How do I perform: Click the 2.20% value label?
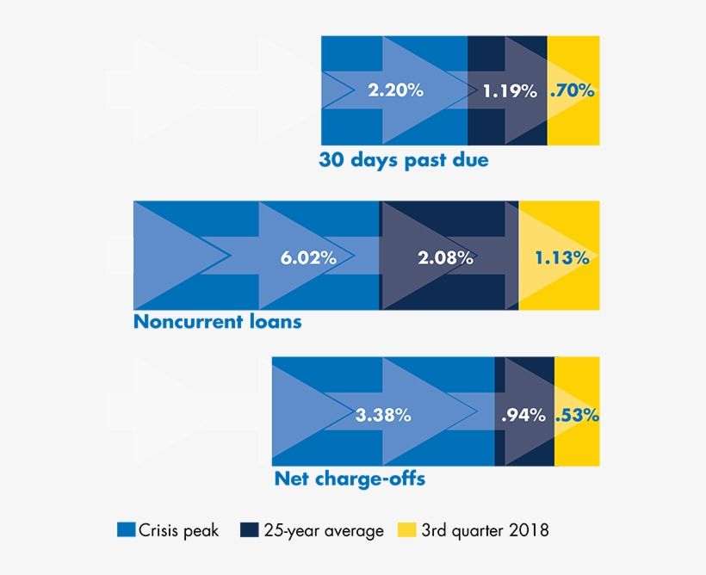click(x=395, y=90)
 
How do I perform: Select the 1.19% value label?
click(x=510, y=90)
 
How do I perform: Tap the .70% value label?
click(x=573, y=90)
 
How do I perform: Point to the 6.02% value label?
click(x=308, y=257)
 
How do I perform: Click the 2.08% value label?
click(x=445, y=257)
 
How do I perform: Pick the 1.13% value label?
click(x=561, y=257)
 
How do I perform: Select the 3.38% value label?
click(x=383, y=415)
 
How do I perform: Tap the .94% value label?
click(x=523, y=415)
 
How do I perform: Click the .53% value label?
click(x=577, y=415)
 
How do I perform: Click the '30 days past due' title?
click(x=403, y=160)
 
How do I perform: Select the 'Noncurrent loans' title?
click(x=218, y=322)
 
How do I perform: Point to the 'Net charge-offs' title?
click(x=350, y=479)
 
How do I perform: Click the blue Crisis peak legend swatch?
click(x=126, y=530)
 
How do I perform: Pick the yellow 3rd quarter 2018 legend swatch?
click(x=407, y=530)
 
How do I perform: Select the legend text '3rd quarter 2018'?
click(x=485, y=531)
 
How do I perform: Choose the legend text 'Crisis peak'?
click(x=179, y=531)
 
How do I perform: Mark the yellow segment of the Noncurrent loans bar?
click(x=560, y=215)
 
